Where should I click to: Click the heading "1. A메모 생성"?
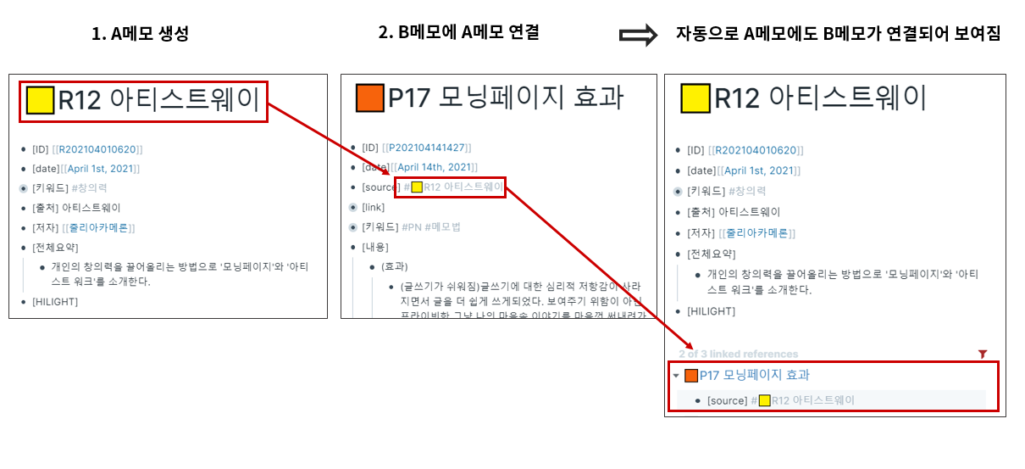140,35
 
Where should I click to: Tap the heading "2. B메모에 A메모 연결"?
458,33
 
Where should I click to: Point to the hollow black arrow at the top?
638,35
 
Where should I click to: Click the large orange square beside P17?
370,98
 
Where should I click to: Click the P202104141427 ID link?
426,148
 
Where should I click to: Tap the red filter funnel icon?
983,354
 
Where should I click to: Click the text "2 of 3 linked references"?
738,354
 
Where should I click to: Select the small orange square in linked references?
691,376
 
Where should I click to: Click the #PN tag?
413,226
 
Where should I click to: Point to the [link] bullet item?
373,207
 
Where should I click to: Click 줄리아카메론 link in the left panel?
98,227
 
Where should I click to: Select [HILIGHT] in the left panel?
54,301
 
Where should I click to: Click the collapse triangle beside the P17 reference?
676,376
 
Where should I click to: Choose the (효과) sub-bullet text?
395,266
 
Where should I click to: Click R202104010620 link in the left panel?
98,149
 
